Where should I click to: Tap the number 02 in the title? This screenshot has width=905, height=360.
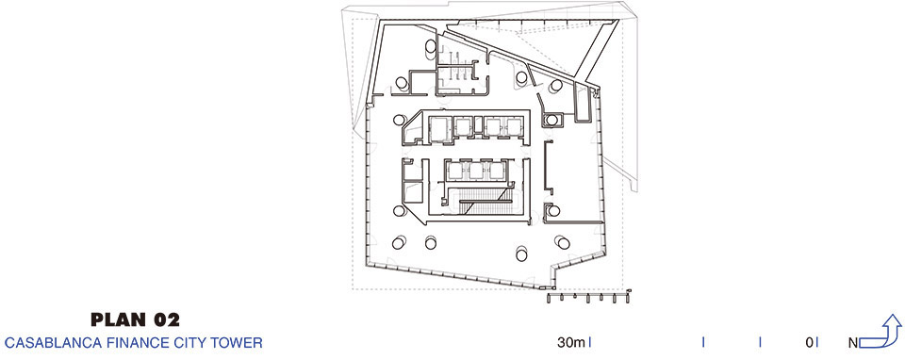click(x=166, y=319)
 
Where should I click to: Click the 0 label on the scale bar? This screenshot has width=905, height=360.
click(x=809, y=343)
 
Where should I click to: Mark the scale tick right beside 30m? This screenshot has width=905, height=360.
click(x=589, y=343)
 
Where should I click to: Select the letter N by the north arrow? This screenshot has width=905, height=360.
click(x=853, y=343)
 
